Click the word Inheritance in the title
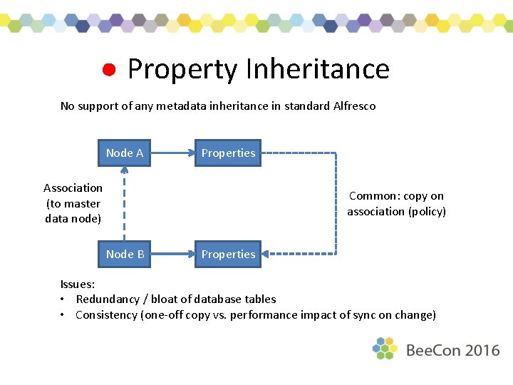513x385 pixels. [x=317, y=69]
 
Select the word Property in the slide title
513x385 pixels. [x=182, y=70]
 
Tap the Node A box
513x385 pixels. [x=125, y=153]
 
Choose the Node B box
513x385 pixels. [x=125, y=254]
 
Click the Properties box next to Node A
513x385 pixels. [x=228, y=153]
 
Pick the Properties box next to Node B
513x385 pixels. [x=228, y=254]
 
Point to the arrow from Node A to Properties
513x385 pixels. [x=173, y=153]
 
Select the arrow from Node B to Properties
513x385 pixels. [x=173, y=254]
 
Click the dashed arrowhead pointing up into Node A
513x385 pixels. [x=125, y=171]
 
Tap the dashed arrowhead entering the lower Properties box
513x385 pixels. [x=268, y=254]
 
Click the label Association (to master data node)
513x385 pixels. [x=73, y=203]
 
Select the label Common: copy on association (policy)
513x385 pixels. [x=396, y=203]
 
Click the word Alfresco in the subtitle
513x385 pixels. [x=354, y=106]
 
